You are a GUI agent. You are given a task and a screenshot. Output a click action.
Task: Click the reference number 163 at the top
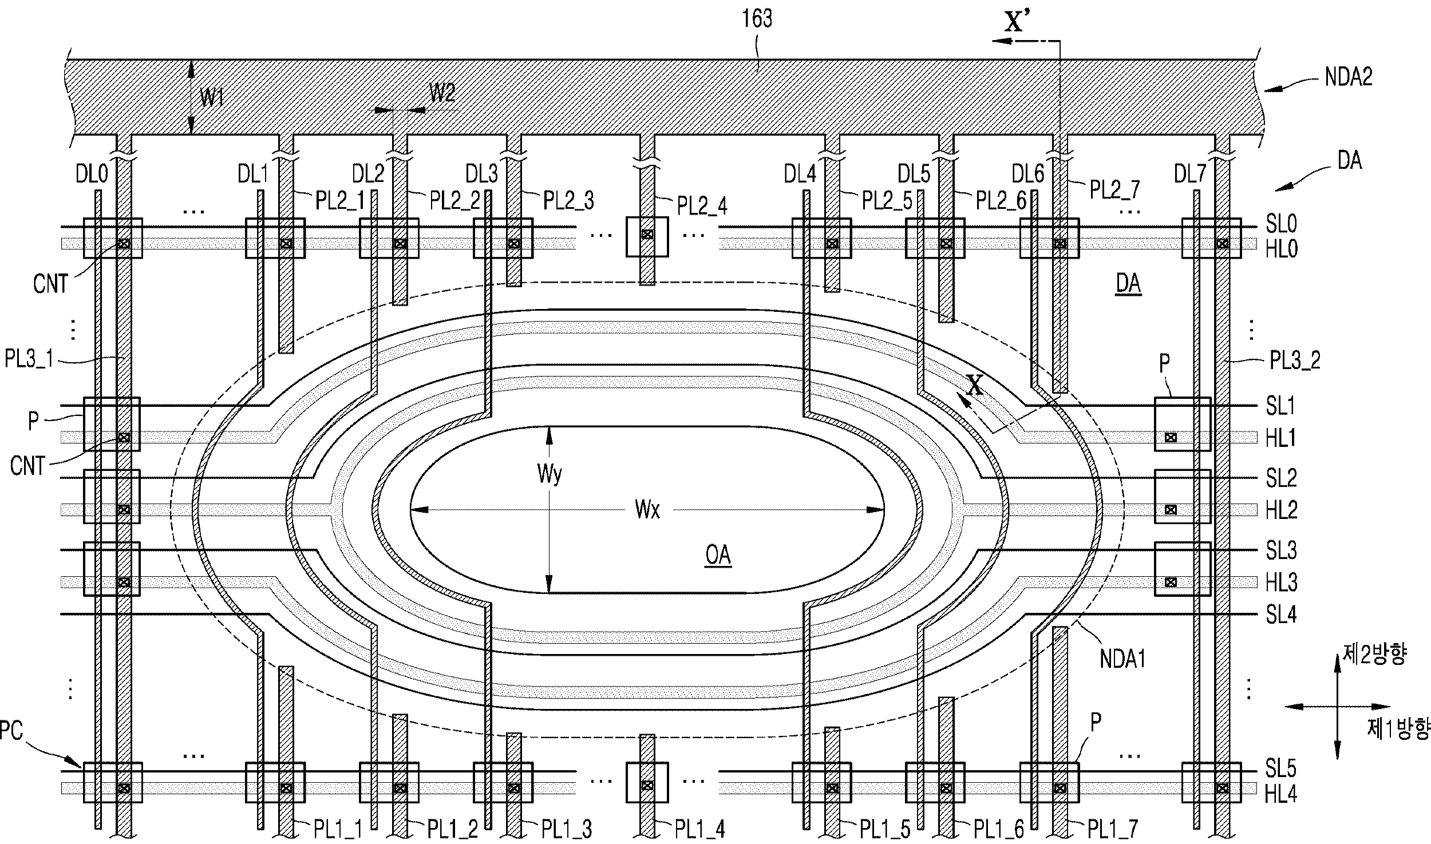(x=757, y=19)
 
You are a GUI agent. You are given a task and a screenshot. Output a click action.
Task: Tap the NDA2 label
(x=1349, y=77)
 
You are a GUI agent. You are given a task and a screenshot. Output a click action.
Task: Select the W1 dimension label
(x=212, y=98)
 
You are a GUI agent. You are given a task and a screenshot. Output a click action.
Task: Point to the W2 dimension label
(x=442, y=93)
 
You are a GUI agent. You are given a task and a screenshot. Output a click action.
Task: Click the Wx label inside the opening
(x=647, y=509)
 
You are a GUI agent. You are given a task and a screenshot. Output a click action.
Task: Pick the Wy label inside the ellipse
(x=550, y=474)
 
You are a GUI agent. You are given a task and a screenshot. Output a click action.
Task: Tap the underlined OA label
(x=718, y=555)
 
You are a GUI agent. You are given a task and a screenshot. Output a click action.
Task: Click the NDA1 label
(x=1123, y=660)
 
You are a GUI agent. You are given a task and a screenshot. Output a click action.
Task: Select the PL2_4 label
(x=702, y=206)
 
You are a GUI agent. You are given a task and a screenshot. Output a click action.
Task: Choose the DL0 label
(x=92, y=173)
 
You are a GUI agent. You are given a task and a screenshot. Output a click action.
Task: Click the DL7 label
(x=1190, y=173)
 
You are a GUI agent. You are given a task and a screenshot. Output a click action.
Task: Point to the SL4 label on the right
(x=1281, y=615)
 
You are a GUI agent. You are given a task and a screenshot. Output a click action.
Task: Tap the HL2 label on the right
(x=1281, y=510)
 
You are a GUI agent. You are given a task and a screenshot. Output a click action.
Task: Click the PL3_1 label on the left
(x=29, y=359)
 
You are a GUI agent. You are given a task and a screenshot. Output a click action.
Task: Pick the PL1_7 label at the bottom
(x=1113, y=828)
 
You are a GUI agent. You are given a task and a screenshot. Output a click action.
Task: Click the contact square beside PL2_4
(x=647, y=234)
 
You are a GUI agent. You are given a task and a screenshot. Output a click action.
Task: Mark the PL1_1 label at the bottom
(x=338, y=828)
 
